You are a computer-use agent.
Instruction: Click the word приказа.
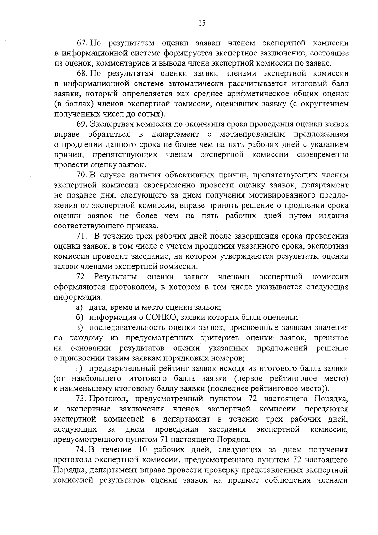[x=142, y=226]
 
